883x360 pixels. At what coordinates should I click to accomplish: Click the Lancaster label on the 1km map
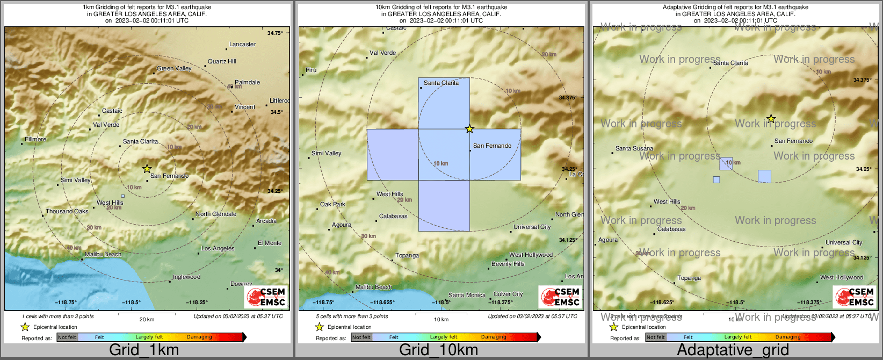pos(243,45)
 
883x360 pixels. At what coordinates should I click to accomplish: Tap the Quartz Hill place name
pos(222,62)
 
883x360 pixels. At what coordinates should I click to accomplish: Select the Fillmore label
pos(35,140)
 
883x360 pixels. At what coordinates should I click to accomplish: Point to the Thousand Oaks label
pos(67,212)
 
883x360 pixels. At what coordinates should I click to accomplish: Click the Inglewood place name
pos(186,277)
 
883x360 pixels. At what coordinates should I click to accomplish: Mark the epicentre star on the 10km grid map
pos(469,129)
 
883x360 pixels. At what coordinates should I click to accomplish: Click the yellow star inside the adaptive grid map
pos(771,119)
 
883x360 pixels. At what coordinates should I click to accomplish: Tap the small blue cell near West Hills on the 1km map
pos(123,196)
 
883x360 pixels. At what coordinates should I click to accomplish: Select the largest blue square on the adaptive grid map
pos(764,176)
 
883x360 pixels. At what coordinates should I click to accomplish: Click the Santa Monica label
pos(467,295)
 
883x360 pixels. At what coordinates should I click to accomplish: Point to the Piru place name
pos(311,70)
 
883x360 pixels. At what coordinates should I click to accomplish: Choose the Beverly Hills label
pos(508,264)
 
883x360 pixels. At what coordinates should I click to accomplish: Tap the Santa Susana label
pos(634,149)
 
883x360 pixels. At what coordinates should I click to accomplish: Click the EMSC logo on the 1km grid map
pos(266,297)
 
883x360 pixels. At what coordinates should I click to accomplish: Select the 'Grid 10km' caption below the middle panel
pos(438,350)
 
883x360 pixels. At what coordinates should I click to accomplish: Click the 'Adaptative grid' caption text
pos(733,350)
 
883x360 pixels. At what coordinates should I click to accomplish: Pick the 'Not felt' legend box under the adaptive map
pos(656,337)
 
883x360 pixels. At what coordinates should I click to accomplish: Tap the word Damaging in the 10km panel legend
pos(494,337)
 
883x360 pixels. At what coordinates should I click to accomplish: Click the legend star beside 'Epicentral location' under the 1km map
pos(25,327)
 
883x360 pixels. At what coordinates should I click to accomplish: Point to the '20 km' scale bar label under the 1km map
pos(147,320)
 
